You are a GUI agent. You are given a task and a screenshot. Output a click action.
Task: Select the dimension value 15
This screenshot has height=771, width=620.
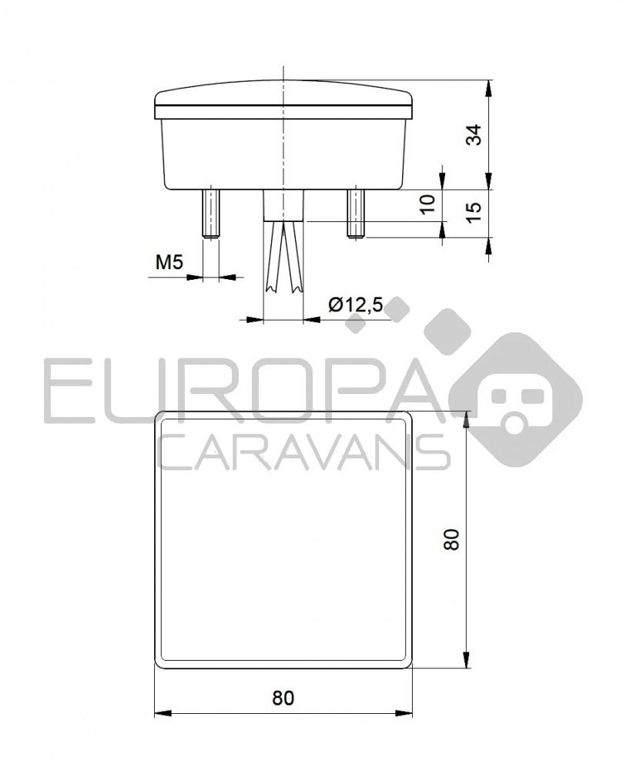coord(475,210)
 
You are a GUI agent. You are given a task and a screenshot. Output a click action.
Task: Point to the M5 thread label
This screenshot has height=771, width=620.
coord(169,263)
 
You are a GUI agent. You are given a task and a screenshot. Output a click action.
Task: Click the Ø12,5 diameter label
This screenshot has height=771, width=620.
coord(355,305)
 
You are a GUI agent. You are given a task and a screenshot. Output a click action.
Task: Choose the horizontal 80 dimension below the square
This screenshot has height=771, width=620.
coord(283,698)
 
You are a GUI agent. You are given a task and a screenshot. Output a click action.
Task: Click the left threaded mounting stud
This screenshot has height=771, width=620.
coord(210,213)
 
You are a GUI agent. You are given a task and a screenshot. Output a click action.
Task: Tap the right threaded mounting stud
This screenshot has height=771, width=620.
coord(354,213)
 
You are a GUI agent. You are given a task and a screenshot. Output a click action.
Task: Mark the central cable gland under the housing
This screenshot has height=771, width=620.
coord(283,206)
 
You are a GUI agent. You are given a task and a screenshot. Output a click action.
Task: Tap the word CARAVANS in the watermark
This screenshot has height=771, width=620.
coord(303,451)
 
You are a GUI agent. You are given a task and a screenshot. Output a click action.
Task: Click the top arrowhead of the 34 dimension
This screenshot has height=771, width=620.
coord(489,86)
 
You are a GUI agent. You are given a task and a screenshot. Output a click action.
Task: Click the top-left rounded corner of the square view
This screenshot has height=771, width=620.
coord(161,417)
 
